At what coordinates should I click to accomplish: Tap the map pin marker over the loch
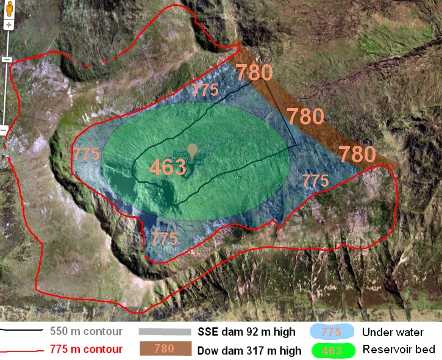[193, 150]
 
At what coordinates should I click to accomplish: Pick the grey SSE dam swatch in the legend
[165, 332]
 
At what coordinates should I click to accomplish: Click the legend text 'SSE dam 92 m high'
[246, 333]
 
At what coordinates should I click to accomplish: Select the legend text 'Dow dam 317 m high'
[249, 351]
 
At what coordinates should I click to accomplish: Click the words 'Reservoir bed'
[398, 350]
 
